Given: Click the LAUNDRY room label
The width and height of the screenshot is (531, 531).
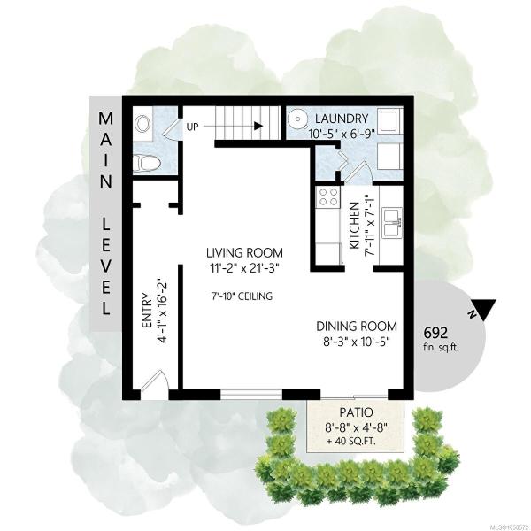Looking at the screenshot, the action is pyautogui.click(x=342, y=119).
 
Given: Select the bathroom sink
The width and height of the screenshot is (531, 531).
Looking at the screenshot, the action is pyautogui.click(x=142, y=124).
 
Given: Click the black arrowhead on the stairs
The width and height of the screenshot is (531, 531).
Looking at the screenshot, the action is pyautogui.click(x=258, y=126).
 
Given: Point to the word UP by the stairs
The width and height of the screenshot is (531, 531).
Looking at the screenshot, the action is pyautogui.click(x=193, y=127).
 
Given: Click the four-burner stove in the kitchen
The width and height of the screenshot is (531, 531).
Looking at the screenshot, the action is pyautogui.click(x=328, y=197).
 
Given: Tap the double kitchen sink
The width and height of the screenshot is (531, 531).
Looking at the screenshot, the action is pyautogui.click(x=392, y=222).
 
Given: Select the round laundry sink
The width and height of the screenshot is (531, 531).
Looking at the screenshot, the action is pyautogui.click(x=297, y=119).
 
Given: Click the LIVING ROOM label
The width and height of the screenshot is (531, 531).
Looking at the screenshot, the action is pyautogui.click(x=244, y=253).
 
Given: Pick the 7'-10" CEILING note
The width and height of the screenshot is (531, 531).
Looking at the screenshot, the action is pyautogui.click(x=242, y=296).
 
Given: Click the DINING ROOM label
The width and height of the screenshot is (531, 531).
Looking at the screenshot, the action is pyautogui.click(x=357, y=327).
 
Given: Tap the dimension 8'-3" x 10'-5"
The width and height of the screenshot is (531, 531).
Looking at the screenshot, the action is pyautogui.click(x=357, y=342).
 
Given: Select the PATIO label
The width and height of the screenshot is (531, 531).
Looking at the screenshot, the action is pyautogui.click(x=357, y=412).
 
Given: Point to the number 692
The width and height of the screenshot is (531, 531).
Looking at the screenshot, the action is pyautogui.click(x=435, y=333).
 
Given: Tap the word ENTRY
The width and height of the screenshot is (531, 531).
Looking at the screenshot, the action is pyautogui.click(x=147, y=311).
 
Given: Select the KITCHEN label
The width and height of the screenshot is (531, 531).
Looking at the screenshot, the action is pyautogui.click(x=354, y=226).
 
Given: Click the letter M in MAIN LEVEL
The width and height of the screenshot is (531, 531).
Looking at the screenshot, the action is pyautogui.click(x=105, y=119).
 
